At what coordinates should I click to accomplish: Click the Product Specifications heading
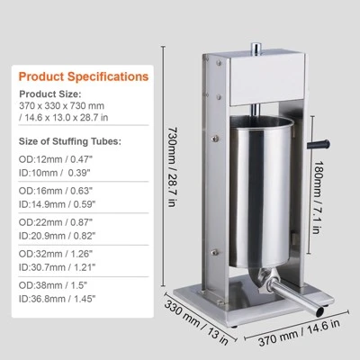coord(84,76)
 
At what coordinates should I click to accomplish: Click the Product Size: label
coord(50,94)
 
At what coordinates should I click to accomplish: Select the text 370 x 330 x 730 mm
coord(61,105)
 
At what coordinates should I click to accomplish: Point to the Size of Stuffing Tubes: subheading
coord(70,141)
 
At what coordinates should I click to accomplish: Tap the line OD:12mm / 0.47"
coord(56,159)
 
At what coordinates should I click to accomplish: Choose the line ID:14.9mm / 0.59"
coord(57,204)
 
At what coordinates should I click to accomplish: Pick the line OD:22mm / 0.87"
coord(56,222)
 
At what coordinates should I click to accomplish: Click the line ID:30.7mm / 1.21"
coord(57,267)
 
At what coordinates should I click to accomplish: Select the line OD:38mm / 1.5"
coord(52,285)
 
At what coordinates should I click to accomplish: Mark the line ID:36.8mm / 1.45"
coord(57,299)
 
